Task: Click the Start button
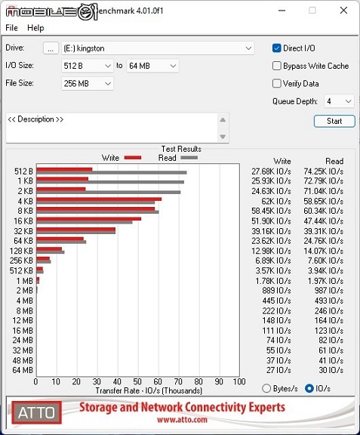334,122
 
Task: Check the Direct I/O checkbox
276,48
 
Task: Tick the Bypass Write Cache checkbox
276,66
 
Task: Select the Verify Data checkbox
276,84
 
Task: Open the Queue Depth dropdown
339,101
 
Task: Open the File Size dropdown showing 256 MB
87,84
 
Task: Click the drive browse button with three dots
51,48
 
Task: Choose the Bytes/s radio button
266,388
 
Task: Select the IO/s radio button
309,388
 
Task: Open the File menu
11,28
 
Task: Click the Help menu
35,28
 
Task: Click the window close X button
343,11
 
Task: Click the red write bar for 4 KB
99,199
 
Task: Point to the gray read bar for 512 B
112,172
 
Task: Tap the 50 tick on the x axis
138,381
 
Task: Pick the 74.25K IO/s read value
323,171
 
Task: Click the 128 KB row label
21,251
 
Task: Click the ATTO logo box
36,412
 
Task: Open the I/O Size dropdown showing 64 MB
152,66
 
